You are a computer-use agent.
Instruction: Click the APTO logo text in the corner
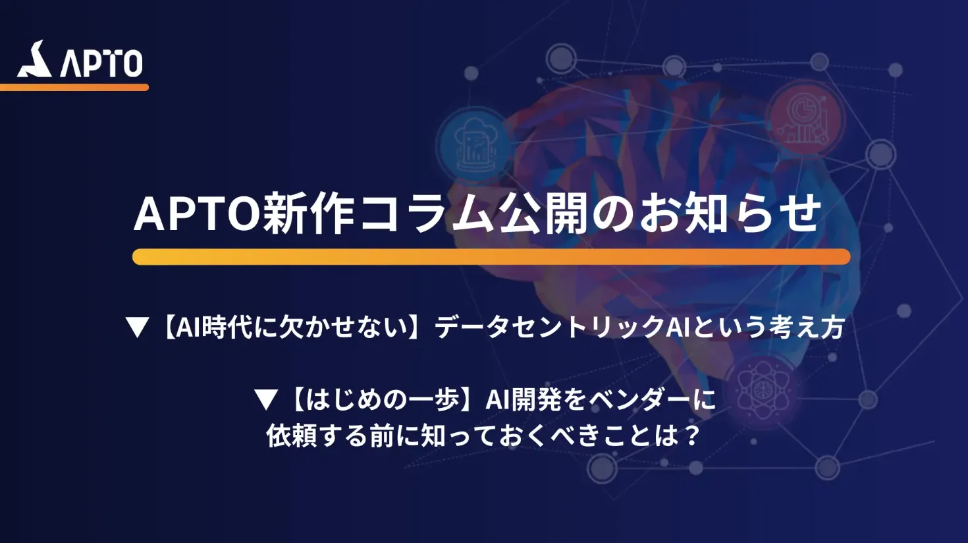click(x=101, y=63)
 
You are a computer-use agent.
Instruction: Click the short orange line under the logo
click(x=74, y=88)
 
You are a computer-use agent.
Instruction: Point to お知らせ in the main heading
click(x=730, y=214)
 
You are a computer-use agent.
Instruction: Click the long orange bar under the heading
click(x=491, y=257)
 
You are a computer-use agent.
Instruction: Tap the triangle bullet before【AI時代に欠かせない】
click(x=138, y=328)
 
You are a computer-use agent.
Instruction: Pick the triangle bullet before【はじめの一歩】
click(x=266, y=400)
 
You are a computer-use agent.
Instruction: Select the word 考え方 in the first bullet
click(x=807, y=328)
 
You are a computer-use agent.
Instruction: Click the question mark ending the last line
click(x=692, y=436)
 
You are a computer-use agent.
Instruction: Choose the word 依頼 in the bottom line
click(x=291, y=436)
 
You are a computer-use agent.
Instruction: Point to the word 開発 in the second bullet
click(x=536, y=399)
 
